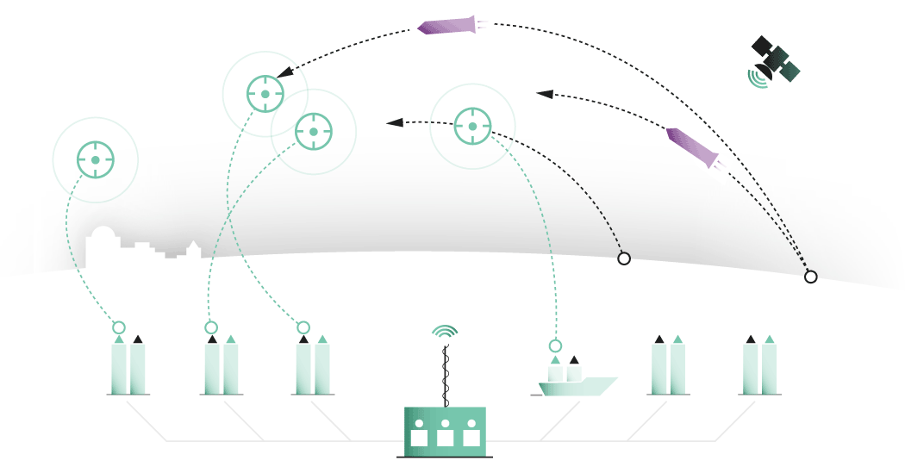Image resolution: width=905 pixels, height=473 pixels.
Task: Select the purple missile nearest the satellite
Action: [x=693, y=146]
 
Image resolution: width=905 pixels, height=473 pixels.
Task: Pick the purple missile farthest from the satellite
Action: [x=447, y=26]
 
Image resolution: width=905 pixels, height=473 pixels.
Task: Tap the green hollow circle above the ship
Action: [x=556, y=345]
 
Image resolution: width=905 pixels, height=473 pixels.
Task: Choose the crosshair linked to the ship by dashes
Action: [x=472, y=127]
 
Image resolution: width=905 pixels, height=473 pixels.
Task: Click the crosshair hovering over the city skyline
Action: [x=95, y=159]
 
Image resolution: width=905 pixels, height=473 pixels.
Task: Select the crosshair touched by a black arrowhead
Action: [x=265, y=94]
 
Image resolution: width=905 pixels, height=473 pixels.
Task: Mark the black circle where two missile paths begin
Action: [x=810, y=277]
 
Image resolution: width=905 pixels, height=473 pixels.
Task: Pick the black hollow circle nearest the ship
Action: [x=624, y=258]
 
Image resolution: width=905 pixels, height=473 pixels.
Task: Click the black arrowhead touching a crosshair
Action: [x=284, y=73]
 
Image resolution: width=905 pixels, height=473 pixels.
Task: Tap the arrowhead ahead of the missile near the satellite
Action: [x=544, y=92]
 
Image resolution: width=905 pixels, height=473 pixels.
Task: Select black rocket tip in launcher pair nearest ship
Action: [x=659, y=339]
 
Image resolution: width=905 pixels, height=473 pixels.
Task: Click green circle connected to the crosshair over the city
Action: [x=119, y=327]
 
